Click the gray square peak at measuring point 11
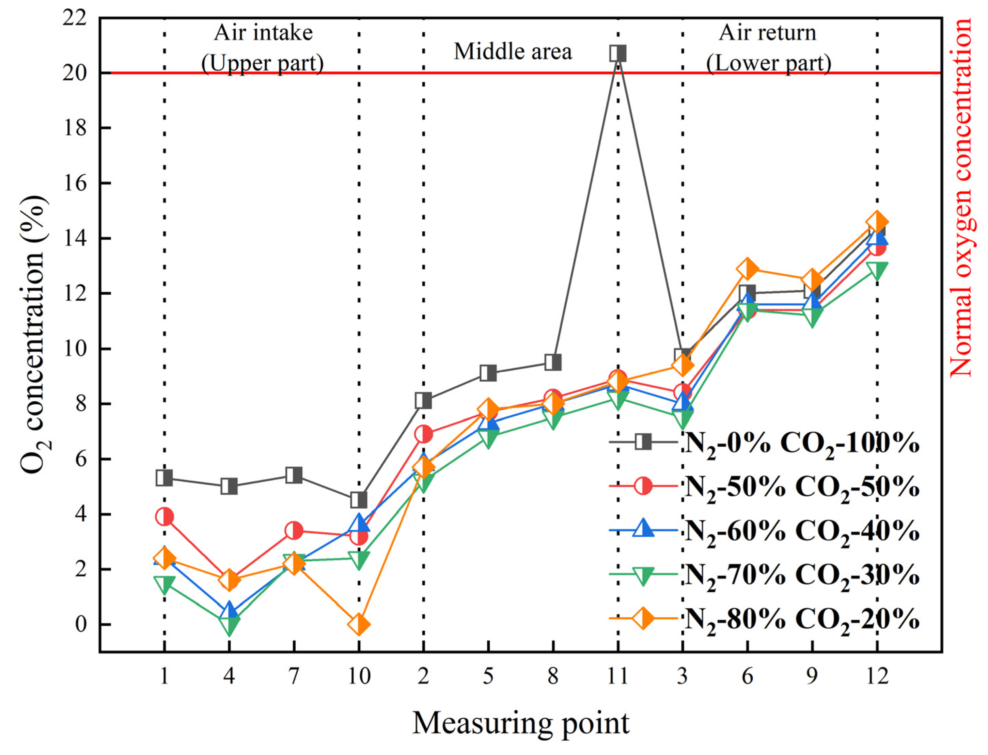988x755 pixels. pyautogui.click(x=617, y=53)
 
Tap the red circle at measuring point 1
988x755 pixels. pyautogui.click(x=164, y=517)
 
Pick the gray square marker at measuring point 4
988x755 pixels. pyautogui.click(x=229, y=486)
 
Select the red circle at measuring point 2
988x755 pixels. pyautogui.click(x=424, y=434)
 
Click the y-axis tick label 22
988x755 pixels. pyautogui.click(x=75, y=18)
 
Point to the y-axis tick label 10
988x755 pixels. pyautogui.click(x=75, y=349)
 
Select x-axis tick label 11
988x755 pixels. pyautogui.click(x=617, y=675)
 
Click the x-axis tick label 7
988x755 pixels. pyautogui.click(x=294, y=675)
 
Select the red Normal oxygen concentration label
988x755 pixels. pyautogui.click(x=961, y=198)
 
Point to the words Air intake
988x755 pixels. pyautogui.click(x=263, y=33)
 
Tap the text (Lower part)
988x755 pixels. pyautogui.click(x=768, y=63)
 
